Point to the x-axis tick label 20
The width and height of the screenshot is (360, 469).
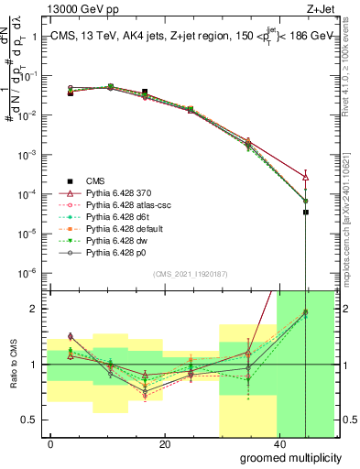pos(165,443)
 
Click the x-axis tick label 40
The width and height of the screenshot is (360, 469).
pos(278,443)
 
